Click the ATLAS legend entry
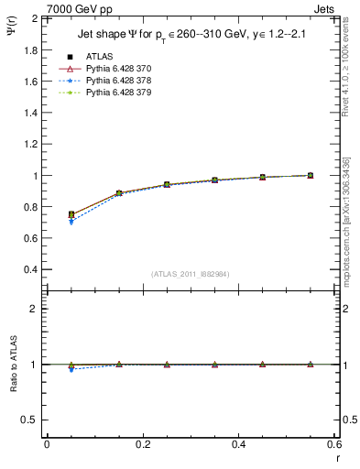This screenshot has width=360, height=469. coord(98,56)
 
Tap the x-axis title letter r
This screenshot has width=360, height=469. coord(335,457)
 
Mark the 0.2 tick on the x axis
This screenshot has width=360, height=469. coord(142,444)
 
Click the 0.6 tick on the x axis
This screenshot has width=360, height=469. coord(333,444)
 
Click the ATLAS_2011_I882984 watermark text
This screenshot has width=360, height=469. coord(190,273)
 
